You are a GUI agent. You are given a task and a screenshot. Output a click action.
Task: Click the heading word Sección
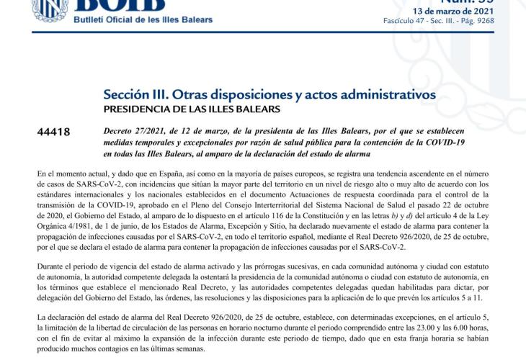[x=129, y=94]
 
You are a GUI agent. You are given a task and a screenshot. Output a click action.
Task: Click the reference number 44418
[x=53, y=132]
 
